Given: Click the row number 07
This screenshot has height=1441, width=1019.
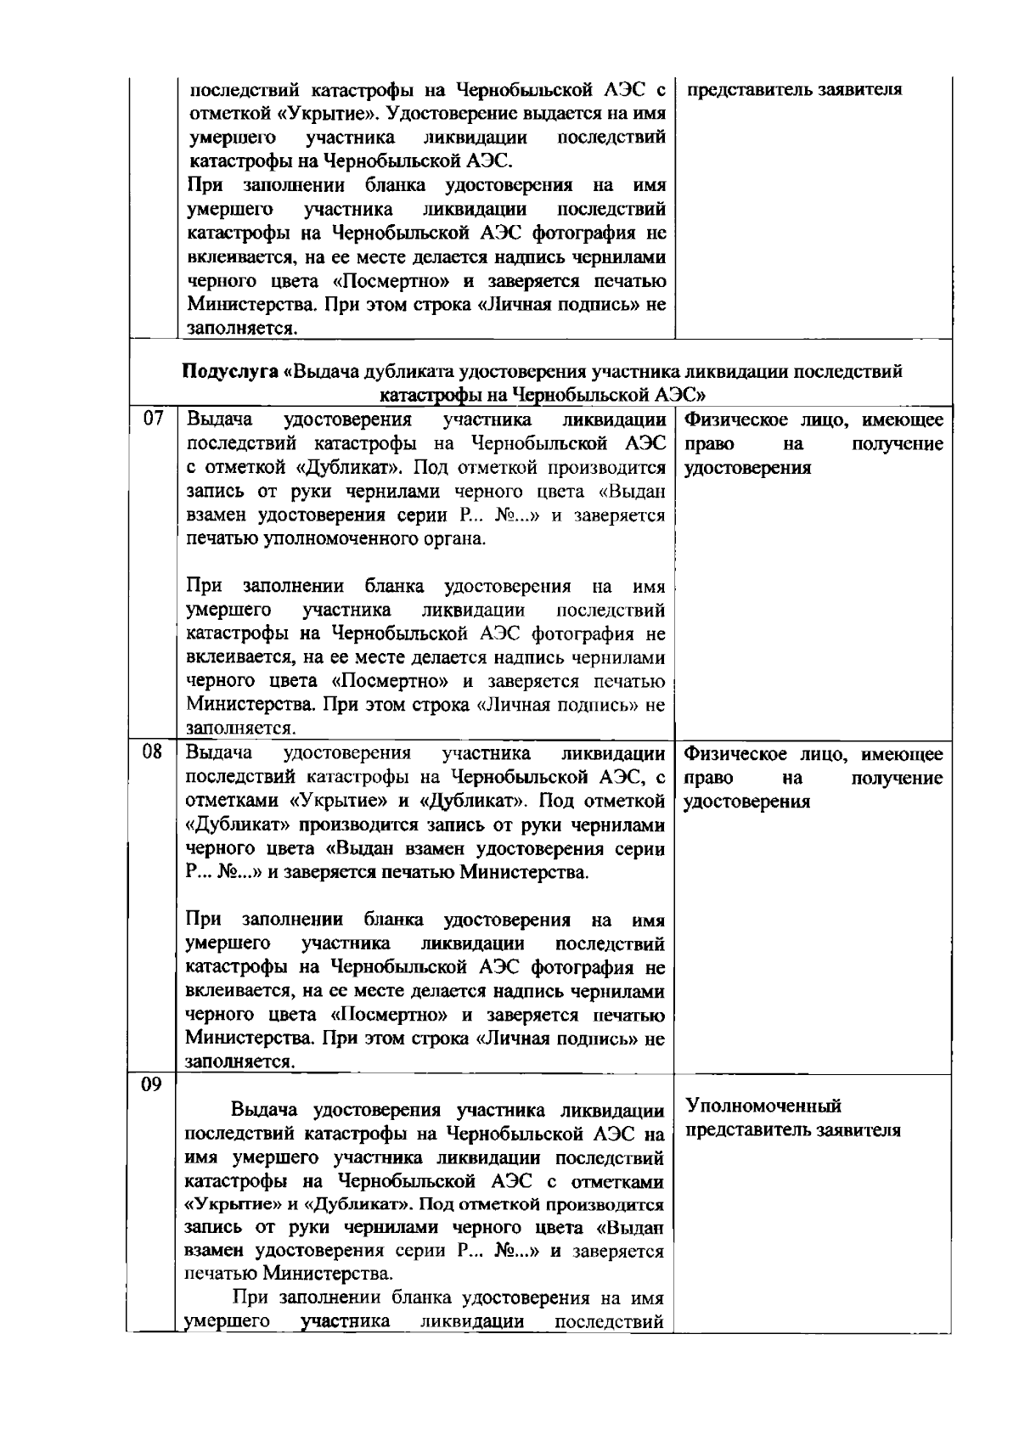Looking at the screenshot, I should point(152,419).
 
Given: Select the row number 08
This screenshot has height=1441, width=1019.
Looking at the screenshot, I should point(152,752).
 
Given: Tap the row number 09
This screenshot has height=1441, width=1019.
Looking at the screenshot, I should point(152,1086).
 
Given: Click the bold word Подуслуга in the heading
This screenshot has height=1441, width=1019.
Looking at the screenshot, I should point(230,372).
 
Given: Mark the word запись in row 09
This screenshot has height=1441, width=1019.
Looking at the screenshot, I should point(213,1228).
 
